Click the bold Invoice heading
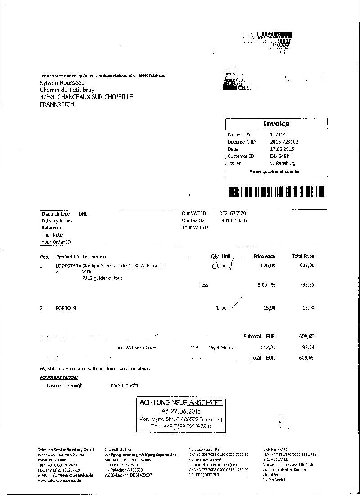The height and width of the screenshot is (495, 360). pos(276,124)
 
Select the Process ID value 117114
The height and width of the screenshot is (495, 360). pos(278,135)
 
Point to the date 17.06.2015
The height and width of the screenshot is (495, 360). pos(282,149)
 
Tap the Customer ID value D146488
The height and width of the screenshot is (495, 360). pos(280,156)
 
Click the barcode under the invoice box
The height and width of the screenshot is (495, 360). pos(276,192)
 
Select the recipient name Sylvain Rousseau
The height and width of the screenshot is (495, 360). pos(62,83)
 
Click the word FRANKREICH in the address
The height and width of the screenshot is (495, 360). pos(57,104)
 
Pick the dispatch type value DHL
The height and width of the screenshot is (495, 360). pos(83,214)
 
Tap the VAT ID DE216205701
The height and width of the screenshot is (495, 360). pos(234,213)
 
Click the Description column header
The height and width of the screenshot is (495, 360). pos(94,256)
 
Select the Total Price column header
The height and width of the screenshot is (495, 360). pos(303,256)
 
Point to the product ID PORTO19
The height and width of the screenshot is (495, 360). pos(66,308)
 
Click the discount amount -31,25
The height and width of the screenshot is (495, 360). pos(306,285)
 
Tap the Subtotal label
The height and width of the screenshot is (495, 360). pos(252,336)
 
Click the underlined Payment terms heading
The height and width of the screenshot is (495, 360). pos(58,378)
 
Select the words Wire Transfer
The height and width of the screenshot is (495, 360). pos(125,386)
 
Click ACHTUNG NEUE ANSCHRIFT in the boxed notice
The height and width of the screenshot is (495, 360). pos(180,402)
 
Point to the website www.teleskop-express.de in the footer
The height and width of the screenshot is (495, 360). pos(59,480)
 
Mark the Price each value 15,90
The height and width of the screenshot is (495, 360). pos(269,308)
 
